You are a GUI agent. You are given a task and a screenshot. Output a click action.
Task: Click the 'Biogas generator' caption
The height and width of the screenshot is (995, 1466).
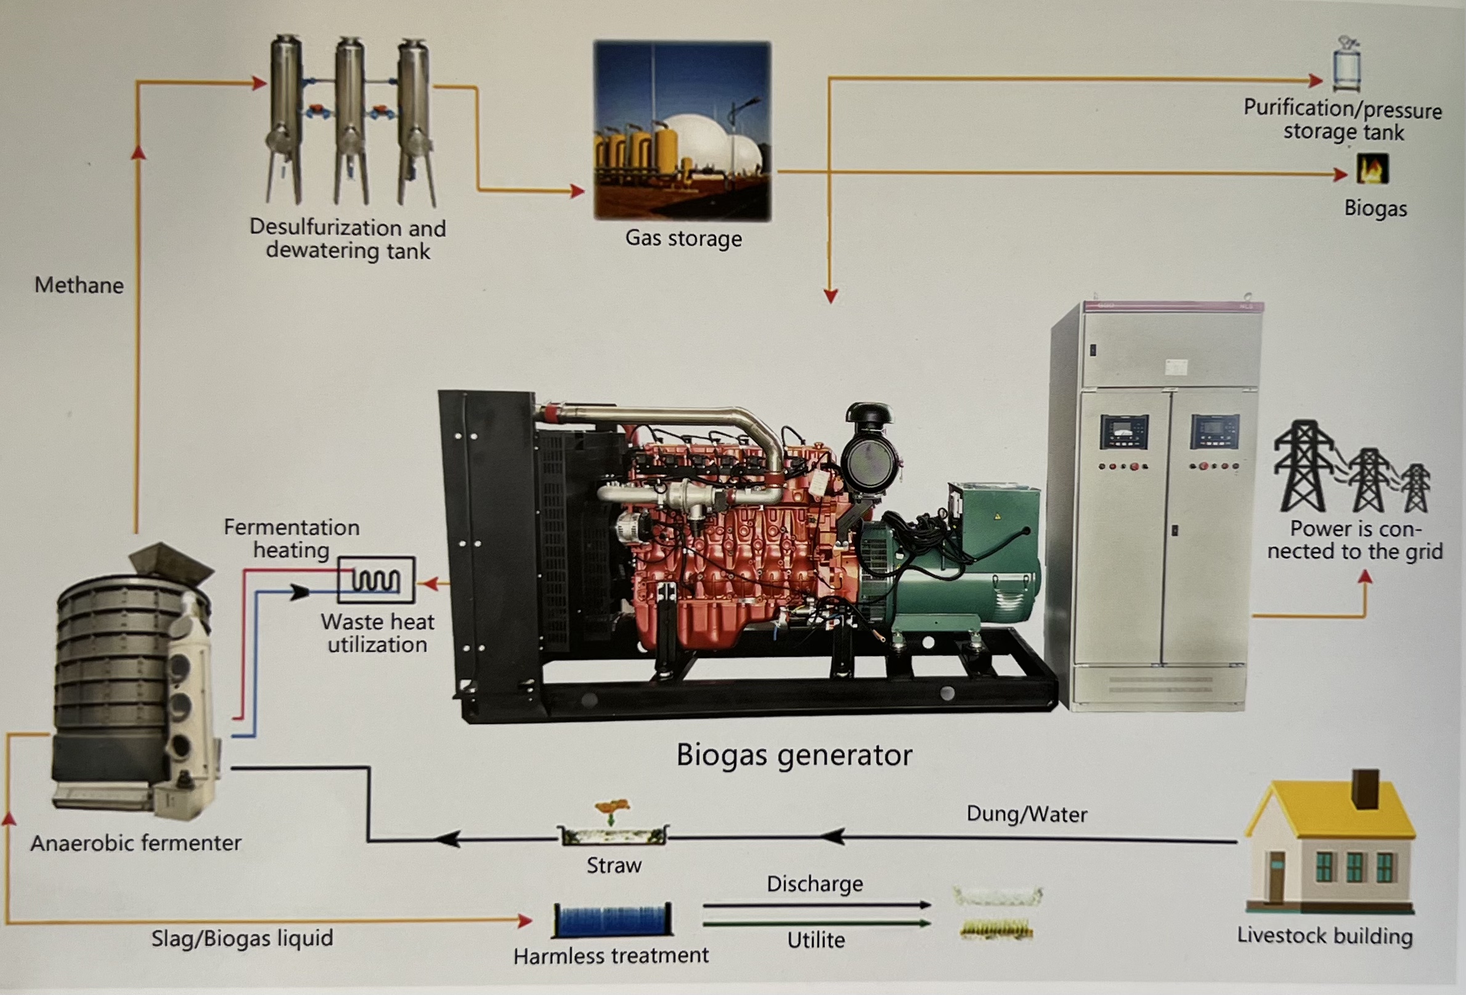click(x=794, y=755)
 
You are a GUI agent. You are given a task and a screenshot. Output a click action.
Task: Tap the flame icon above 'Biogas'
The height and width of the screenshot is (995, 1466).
click(x=1372, y=169)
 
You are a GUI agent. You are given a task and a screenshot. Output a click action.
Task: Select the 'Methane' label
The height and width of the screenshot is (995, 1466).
click(x=79, y=286)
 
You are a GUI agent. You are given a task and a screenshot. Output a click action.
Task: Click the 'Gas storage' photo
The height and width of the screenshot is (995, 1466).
click(x=682, y=131)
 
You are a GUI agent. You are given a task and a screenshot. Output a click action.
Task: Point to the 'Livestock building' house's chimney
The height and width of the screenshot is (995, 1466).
click(x=1366, y=788)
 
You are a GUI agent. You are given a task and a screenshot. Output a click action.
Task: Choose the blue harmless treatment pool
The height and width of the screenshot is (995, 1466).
click(x=612, y=920)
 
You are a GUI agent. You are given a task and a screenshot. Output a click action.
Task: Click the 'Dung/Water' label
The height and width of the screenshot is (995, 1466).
click(x=1027, y=814)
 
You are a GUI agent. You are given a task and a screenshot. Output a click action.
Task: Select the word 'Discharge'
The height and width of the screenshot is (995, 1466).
click(x=815, y=884)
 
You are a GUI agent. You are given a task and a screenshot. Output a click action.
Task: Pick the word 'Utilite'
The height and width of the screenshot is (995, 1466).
click(x=816, y=940)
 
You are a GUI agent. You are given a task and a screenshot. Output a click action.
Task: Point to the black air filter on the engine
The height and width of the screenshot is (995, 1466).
click(x=869, y=448)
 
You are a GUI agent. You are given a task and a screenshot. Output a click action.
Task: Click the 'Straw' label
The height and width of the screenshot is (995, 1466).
click(x=614, y=866)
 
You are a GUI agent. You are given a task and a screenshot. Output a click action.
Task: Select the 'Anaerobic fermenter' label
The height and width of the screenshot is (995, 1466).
click(x=136, y=843)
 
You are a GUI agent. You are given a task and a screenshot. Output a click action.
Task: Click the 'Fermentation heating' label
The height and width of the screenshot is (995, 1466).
click(x=291, y=538)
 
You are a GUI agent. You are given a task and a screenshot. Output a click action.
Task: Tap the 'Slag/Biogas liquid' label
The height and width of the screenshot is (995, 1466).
click(x=242, y=938)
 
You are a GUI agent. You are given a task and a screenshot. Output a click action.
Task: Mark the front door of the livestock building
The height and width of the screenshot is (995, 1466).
click(x=1276, y=877)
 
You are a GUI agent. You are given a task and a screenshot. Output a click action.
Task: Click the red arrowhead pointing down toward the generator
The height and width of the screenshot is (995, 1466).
click(x=831, y=296)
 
